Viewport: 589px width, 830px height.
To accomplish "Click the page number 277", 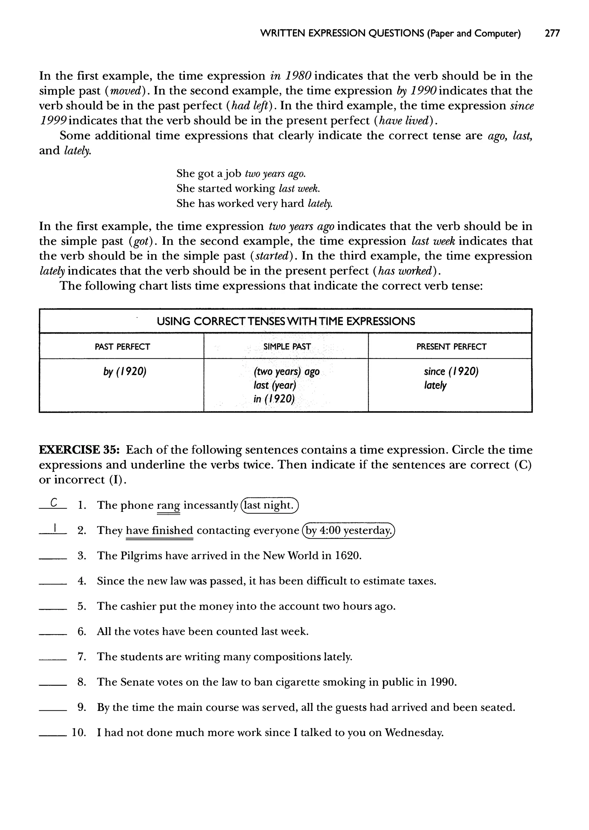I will (x=552, y=34).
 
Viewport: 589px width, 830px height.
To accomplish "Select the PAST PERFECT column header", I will (x=122, y=347).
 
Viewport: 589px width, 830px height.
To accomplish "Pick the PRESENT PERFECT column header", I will (x=451, y=347).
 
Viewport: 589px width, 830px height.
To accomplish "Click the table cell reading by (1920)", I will (x=125, y=372).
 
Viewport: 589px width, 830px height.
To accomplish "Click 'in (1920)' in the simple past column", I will (x=274, y=399).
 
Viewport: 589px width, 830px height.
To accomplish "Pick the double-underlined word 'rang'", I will (x=168, y=506).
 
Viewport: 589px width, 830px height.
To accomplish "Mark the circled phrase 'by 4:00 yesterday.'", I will (x=349, y=531).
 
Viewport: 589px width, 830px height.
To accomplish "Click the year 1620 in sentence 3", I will (x=348, y=556).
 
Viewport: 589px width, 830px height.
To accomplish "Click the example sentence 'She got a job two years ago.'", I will (x=241, y=174).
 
